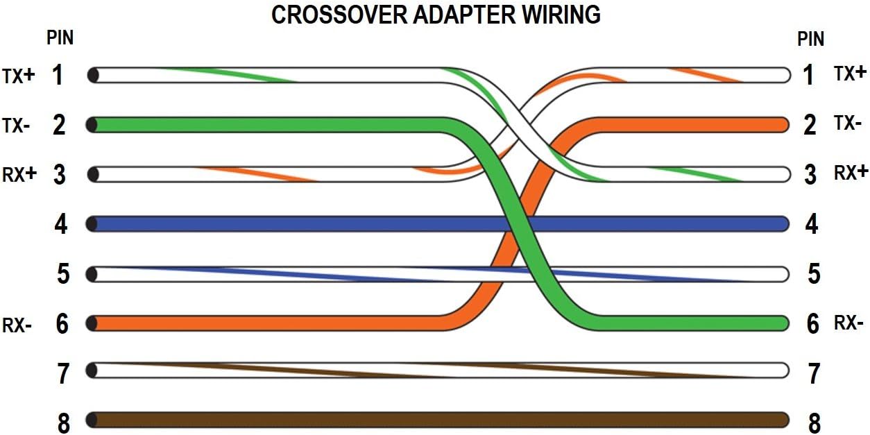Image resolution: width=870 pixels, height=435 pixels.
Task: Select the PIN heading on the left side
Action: pos(60,37)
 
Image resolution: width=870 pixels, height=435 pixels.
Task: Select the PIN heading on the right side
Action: pos(810,39)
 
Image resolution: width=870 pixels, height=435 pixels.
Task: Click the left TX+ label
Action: pos(18,75)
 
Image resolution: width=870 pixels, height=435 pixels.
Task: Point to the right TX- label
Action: pos(848,124)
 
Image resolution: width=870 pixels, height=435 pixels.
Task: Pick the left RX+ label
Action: pos(19,174)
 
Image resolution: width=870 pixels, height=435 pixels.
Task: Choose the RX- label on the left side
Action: pos(17,324)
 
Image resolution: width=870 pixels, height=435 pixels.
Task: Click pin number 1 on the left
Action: pos(59,75)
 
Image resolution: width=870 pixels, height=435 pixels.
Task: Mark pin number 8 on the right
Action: pos(814,423)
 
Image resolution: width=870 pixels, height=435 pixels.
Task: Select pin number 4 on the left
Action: pos(61,224)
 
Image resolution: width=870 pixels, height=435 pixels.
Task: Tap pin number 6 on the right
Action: pos(813,323)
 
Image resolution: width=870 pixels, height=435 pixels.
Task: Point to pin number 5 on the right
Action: pos(814,274)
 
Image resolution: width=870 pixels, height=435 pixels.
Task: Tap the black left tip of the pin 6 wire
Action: pos(92,323)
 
